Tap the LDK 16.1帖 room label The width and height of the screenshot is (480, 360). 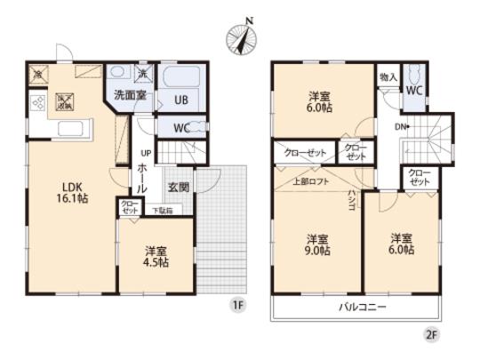tap(72, 194)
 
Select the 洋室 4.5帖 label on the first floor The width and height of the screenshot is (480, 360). tap(157, 258)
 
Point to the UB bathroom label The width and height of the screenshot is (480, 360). tap(180, 100)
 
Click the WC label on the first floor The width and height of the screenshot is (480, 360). tap(180, 128)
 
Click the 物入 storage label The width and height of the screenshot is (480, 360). tap(388, 77)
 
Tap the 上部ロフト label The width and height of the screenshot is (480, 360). tap(309, 182)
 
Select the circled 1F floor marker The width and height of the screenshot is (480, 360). tap(237, 306)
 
